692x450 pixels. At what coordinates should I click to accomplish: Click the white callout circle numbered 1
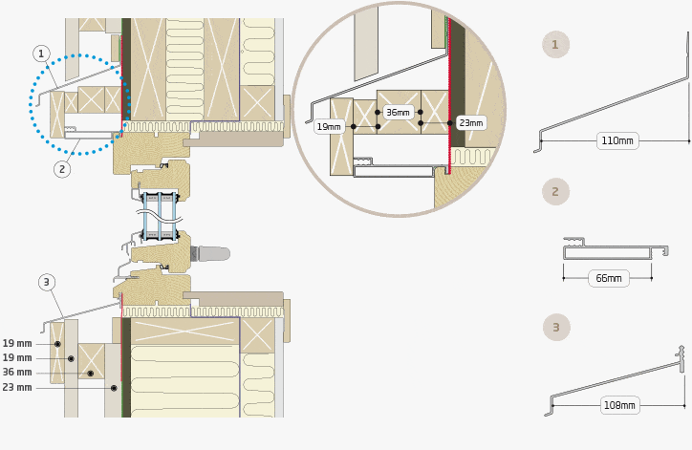(41, 54)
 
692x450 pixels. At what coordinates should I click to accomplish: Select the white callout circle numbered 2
(62, 169)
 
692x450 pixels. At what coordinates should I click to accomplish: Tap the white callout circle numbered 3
(47, 283)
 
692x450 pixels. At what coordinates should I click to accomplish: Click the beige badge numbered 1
(555, 45)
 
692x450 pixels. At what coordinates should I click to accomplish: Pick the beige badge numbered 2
(555, 191)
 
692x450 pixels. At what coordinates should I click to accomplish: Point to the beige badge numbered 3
(556, 328)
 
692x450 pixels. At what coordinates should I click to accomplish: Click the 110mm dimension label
(617, 140)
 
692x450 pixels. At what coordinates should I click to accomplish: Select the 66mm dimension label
(609, 278)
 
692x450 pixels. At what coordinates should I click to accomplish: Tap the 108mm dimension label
(619, 405)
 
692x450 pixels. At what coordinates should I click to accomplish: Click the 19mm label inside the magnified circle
(329, 127)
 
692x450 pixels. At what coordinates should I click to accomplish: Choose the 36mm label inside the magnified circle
(398, 113)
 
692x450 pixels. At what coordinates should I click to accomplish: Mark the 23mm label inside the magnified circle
(471, 122)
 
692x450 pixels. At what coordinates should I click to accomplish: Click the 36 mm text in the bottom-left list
(17, 373)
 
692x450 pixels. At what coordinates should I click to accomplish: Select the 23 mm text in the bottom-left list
(17, 387)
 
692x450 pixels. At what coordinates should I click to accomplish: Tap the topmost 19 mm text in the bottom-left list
(17, 343)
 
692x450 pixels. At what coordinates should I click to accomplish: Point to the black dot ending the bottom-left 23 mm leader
(114, 388)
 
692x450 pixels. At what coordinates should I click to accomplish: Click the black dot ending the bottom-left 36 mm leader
(91, 374)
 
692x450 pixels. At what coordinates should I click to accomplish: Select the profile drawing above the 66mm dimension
(616, 248)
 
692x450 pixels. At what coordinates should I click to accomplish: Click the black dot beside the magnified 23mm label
(450, 123)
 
